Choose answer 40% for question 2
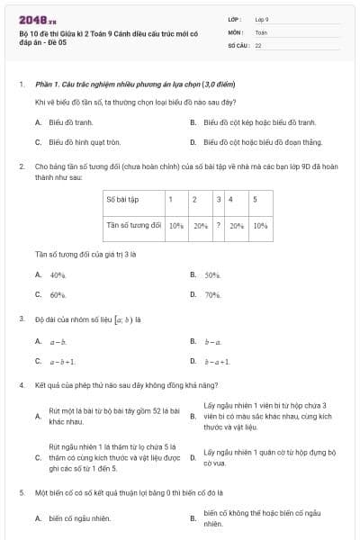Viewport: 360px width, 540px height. coord(58,274)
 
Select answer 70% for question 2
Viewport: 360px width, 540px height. coord(212,294)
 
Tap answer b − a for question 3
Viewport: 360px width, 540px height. coord(212,342)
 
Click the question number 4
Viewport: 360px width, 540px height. coord(21,385)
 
